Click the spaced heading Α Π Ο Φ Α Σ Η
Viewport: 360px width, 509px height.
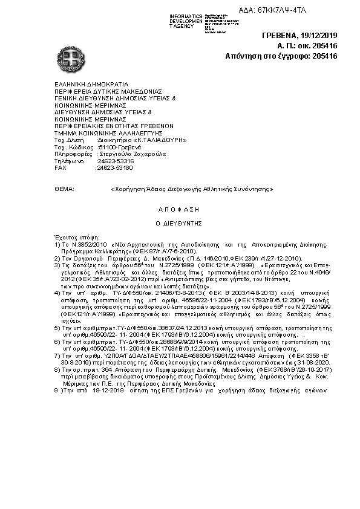click(179, 209)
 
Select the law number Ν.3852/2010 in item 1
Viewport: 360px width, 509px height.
click(87, 245)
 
